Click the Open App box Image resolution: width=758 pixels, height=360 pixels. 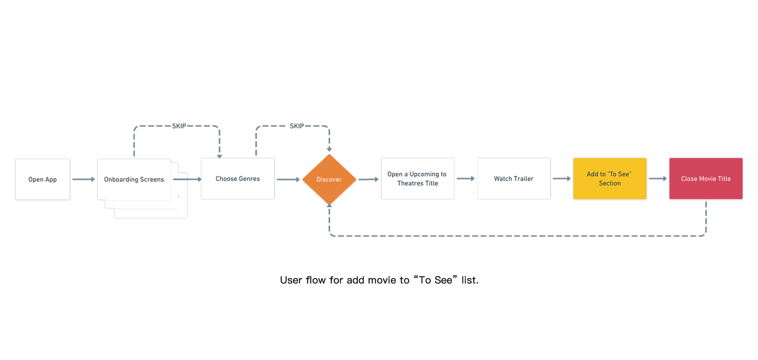[x=43, y=180]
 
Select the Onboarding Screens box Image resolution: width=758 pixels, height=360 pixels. [x=134, y=180]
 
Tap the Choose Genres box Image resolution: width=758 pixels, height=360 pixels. [x=237, y=179]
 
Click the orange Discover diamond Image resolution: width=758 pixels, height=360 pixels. [x=329, y=180]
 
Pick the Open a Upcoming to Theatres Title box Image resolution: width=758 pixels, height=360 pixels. [x=417, y=179]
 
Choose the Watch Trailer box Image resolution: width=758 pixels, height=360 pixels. [x=514, y=179]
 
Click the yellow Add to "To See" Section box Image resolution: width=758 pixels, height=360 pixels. [x=610, y=179]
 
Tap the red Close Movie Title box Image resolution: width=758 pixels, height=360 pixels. [x=706, y=179]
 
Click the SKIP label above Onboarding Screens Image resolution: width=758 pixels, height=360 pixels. [x=179, y=126]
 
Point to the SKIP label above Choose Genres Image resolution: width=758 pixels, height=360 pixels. [x=297, y=126]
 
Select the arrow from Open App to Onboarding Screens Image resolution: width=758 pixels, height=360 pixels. [x=83, y=180]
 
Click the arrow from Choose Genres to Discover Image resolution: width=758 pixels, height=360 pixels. [x=289, y=180]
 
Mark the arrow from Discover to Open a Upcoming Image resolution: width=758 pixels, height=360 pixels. [x=369, y=180]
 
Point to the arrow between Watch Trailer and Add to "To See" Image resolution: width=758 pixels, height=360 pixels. [x=562, y=179]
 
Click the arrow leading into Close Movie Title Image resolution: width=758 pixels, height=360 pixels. [x=658, y=179]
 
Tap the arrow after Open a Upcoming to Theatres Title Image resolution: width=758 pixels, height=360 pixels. [x=466, y=179]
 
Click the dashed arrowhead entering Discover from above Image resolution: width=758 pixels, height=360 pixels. [x=329, y=149]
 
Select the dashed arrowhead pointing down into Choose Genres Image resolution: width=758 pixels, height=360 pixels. [x=220, y=156]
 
